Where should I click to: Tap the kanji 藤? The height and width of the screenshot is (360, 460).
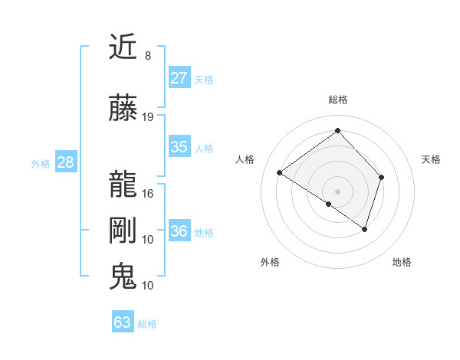[x=123, y=109]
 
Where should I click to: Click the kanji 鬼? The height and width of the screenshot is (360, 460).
[x=123, y=276]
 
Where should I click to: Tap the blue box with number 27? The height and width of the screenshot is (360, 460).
[x=179, y=78]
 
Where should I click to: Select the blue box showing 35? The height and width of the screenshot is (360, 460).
[x=179, y=147]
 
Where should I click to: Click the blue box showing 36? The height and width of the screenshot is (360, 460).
[x=179, y=231]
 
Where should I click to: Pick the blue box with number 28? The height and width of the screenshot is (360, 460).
[x=65, y=162]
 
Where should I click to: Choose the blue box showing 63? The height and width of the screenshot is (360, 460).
[x=123, y=322]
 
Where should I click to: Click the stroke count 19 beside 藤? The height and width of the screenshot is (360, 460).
[x=148, y=117]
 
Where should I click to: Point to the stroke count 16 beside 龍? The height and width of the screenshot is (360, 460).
[x=148, y=193]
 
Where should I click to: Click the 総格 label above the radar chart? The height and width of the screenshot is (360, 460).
[x=338, y=100]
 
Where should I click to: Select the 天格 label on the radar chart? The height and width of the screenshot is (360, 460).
[x=432, y=159]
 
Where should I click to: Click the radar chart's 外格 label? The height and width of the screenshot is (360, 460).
[x=270, y=262]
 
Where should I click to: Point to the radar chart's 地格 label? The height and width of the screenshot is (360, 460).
[x=402, y=262]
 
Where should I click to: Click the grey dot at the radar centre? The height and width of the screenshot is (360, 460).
[x=337, y=191]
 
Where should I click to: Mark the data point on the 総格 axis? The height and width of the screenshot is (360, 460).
[x=337, y=130]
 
